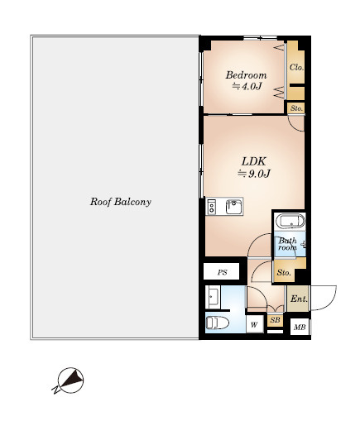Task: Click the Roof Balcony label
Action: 121,202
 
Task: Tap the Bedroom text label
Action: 246,75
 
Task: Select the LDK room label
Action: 253,161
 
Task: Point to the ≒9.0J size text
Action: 254,174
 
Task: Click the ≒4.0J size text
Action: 247,87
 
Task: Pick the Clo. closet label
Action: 296,67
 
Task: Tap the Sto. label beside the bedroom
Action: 296,108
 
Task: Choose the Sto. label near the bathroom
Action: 284,272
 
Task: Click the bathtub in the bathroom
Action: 292,221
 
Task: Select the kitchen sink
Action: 234,207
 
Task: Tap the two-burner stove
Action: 212,207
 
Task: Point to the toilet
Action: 218,323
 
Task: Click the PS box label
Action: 222,272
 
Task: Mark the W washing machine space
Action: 254,324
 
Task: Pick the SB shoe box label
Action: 275,320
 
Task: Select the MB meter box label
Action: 300,328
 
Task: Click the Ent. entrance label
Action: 299,299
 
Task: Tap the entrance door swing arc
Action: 331,300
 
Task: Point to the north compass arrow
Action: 70,380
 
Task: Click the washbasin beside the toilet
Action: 213,297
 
